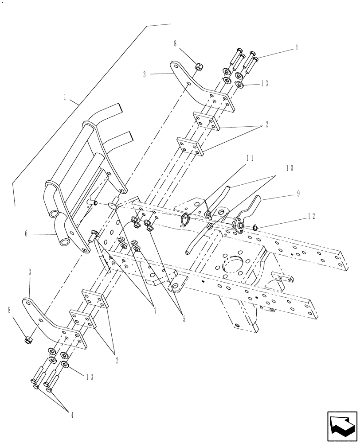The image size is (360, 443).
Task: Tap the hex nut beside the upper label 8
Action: [199, 67]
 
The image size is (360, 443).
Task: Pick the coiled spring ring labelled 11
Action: [186, 219]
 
